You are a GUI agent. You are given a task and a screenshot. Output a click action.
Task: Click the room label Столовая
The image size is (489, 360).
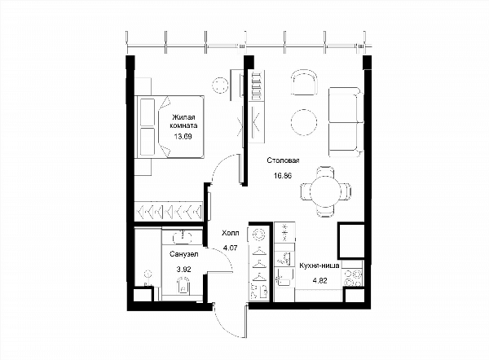pos(283,160)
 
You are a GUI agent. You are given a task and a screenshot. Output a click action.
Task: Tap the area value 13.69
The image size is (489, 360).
pos(183,136)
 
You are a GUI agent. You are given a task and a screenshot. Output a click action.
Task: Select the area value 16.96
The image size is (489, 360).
pos(283,175)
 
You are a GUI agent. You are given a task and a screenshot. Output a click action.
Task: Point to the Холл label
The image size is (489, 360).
pos(231,233)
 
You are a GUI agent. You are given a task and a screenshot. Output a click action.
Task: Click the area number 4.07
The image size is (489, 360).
pos(231,248)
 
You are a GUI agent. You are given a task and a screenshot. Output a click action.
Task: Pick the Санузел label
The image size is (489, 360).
pos(184,254)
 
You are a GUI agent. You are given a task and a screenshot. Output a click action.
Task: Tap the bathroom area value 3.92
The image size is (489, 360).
pos(183,270)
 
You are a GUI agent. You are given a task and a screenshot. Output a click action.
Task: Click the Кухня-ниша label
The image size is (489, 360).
pos(319,266)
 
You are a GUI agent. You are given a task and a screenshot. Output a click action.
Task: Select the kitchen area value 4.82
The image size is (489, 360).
pos(319,280)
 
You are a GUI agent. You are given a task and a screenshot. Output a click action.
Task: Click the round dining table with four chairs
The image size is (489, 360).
pos(326,191)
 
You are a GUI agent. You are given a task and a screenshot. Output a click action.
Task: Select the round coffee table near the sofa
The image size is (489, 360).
pos(304,122)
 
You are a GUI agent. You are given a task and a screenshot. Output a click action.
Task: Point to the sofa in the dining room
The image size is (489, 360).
pos(346,122)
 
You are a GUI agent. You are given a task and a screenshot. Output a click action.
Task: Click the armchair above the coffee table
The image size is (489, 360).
pos(304,82)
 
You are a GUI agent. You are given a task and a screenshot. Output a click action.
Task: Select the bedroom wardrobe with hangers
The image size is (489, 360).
pos(169,212)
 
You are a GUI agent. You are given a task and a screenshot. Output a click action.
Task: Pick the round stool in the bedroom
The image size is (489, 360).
pos(220,85)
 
